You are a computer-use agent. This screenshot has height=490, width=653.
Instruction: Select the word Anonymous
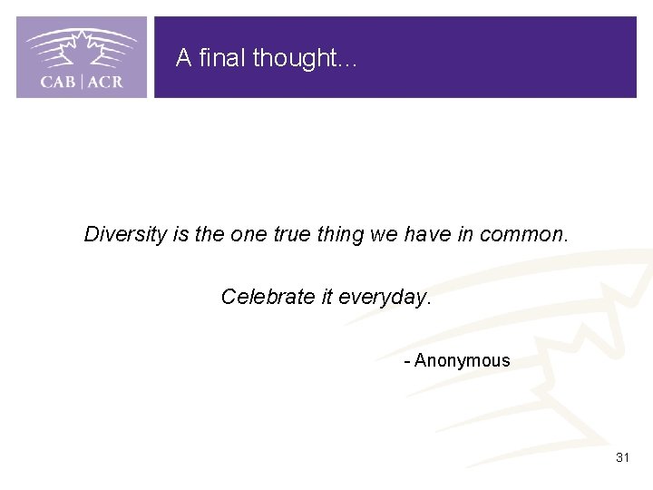(x=463, y=360)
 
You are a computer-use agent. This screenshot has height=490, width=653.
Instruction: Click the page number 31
(x=622, y=457)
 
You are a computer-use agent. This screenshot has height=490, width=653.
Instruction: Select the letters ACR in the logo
(x=105, y=82)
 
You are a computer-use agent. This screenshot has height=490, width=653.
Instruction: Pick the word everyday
(x=385, y=297)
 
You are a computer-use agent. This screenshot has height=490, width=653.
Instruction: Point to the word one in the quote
(x=249, y=234)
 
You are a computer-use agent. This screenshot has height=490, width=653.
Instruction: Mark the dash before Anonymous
(x=407, y=361)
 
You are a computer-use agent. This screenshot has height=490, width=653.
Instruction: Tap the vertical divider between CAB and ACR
(x=83, y=82)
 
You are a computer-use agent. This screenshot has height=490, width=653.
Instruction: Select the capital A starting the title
(x=183, y=58)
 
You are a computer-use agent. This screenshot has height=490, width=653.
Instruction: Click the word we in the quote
(x=384, y=234)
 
